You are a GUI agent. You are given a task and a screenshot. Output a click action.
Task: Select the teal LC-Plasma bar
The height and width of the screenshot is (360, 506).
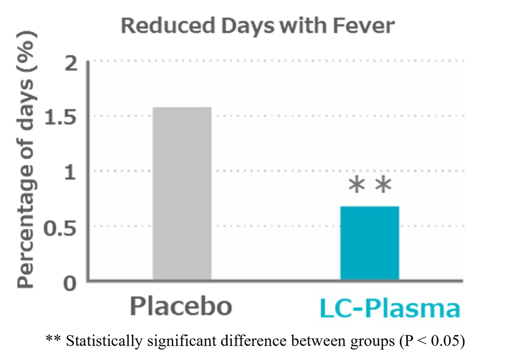tap(369, 243)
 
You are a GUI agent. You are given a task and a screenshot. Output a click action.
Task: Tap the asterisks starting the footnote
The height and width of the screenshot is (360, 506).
tap(53, 338)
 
